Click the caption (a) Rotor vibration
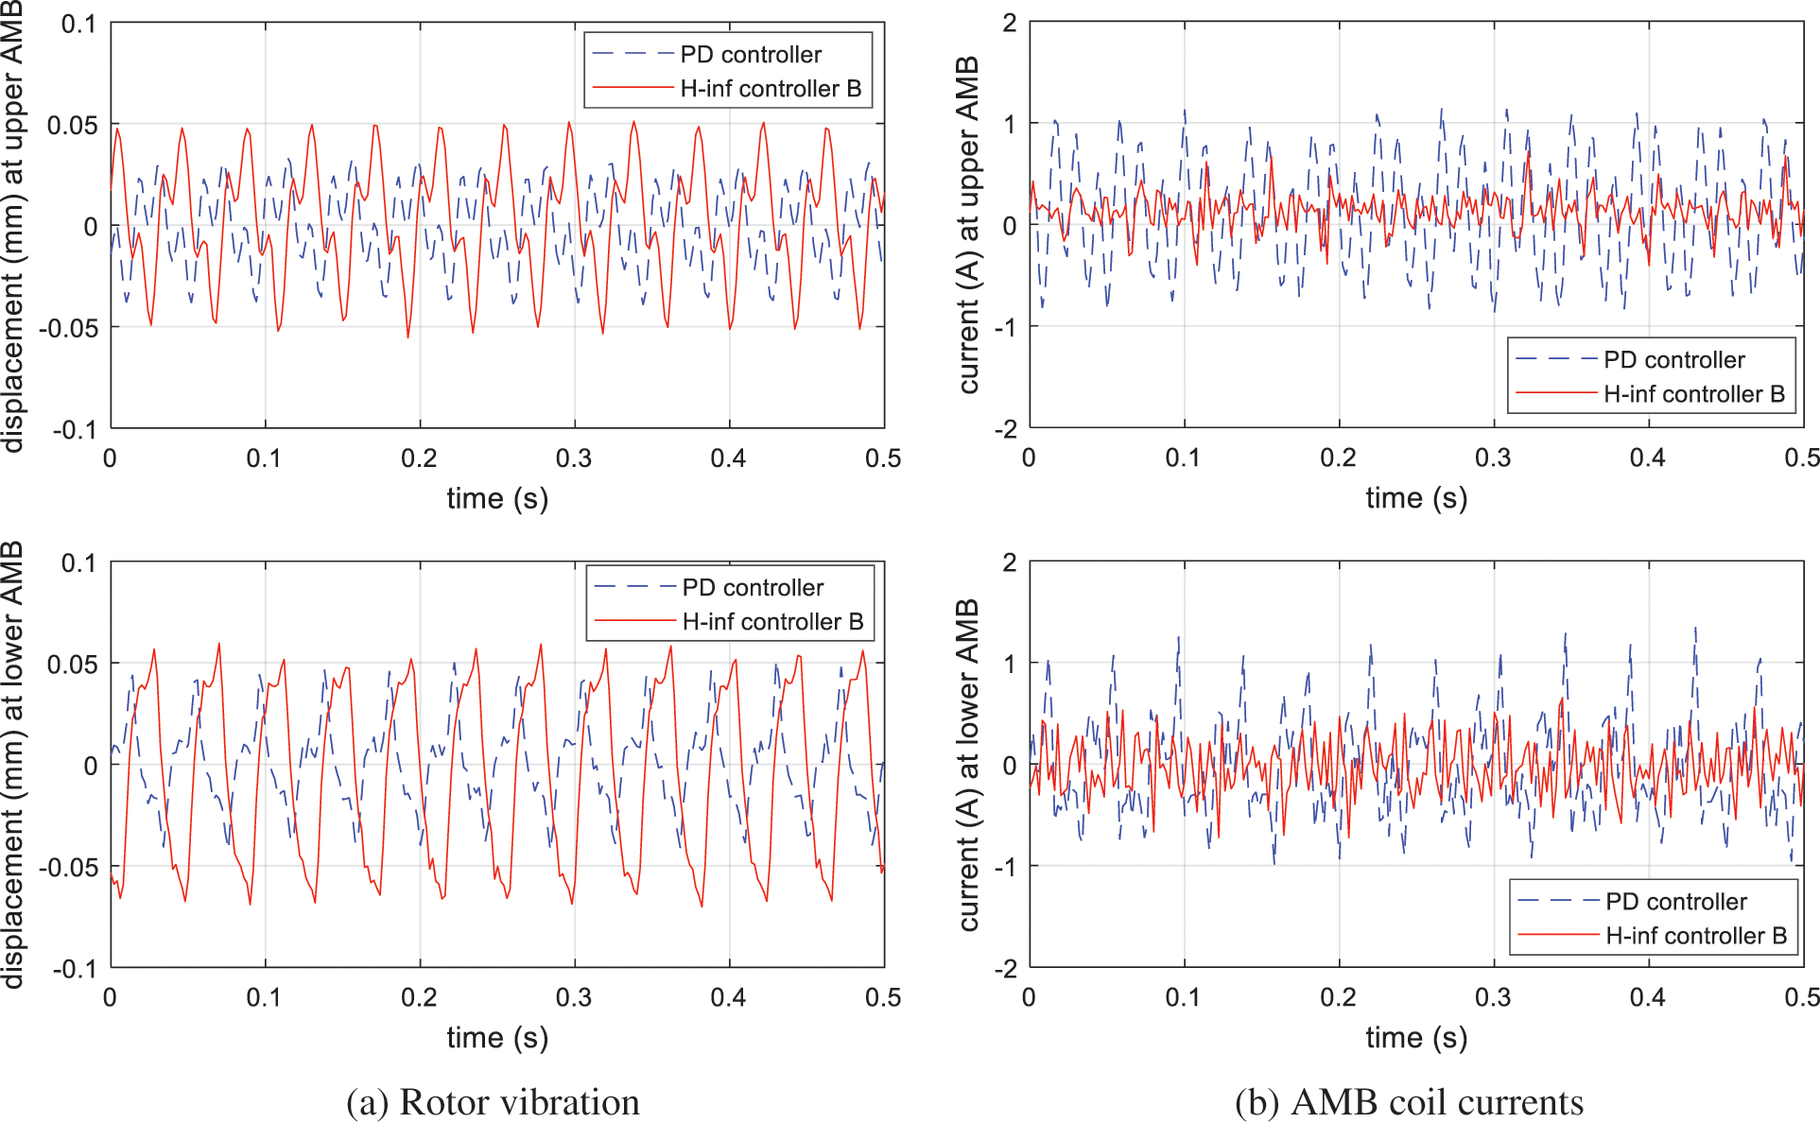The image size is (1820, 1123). tap(493, 1102)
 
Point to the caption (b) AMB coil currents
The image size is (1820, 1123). tap(1409, 1102)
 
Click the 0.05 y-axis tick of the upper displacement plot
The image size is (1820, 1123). tap(73, 125)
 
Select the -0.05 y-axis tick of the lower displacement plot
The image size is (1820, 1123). tap(68, 867)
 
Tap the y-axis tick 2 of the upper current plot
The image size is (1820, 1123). tap(1010, 23)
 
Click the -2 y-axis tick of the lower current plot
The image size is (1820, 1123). tap(1006, 969)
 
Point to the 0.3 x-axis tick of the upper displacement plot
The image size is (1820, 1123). tap(574, 458)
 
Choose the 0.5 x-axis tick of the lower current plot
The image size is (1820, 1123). tap(1802, 997)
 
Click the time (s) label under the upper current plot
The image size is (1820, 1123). tap(1416, 498)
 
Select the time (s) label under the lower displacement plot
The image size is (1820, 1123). tap(497, 1038)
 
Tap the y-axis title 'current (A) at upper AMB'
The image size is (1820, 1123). tap(968, 225)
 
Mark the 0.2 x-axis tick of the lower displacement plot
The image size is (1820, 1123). tap(419, 997)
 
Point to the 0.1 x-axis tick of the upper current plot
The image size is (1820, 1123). tap(1183, 458)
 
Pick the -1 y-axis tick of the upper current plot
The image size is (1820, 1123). tap(1006, 328)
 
